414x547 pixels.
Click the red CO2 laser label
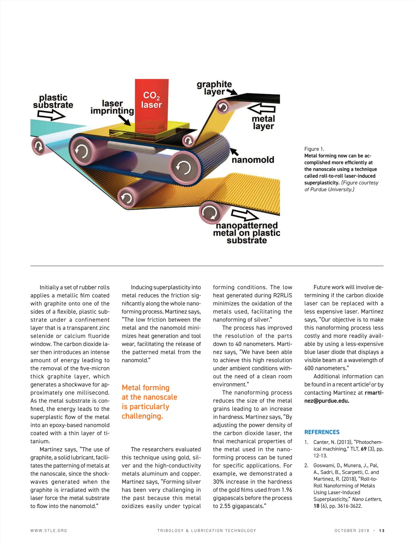click(x=151, y=100)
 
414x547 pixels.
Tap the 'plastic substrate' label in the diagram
click(x=53, y=101)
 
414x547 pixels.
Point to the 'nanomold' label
click(x=253, y=160)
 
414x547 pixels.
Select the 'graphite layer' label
click(x=214, y=88)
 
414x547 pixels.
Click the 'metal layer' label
click(x=263, y=123)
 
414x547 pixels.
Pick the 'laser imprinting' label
click(x=112, y=107)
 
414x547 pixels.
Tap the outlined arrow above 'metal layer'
click(x=262, y=109)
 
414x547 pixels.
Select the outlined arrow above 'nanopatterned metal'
click(x=245, y=215)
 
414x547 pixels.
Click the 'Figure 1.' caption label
click(x=314, y=149)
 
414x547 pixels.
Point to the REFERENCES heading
click(x=322, y=432)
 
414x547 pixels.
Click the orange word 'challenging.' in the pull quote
click(x=142, y=416)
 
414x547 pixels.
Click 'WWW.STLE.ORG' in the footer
click(x=49, y=530)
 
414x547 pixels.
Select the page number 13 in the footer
click(x=382, y=530)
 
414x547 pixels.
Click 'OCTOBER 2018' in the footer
click(x=352, y=530)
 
